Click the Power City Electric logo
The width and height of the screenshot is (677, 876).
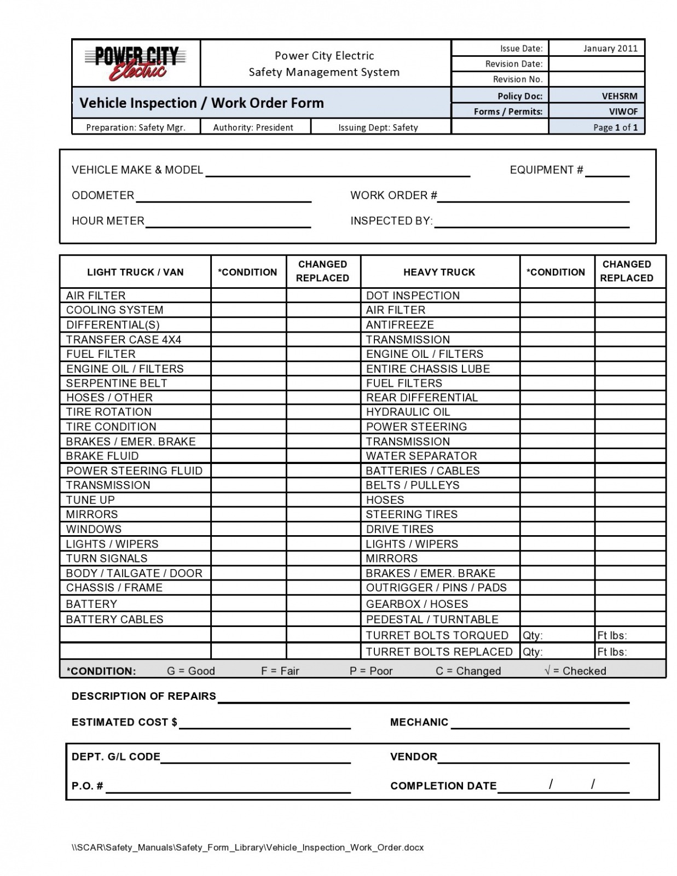[136, 63]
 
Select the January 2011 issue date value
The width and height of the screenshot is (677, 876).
[610, 48]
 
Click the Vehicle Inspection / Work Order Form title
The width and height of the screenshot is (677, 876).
[201, 103]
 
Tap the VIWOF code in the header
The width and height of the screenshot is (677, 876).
[623, 111]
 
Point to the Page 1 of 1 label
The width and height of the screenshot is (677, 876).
[615, 127]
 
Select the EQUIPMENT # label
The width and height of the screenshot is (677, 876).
[546, 170]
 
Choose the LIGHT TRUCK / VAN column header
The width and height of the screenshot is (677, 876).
[135, 272]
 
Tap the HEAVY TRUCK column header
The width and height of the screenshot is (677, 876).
[439, 272]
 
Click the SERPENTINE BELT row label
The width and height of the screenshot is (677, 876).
[117, 383]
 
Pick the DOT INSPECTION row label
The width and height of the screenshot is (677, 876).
[413, 295]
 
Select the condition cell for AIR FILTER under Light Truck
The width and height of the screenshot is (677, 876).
[248, 295]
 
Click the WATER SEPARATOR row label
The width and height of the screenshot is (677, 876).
[421, 456]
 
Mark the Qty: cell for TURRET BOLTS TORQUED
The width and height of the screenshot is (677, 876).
[557, 635]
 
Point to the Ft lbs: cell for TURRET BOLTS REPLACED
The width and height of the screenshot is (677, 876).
[629, 652]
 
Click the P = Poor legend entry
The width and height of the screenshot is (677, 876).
[371, 671]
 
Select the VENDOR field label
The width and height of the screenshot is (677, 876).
[413, 757]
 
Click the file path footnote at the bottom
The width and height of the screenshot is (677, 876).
[247, 848]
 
